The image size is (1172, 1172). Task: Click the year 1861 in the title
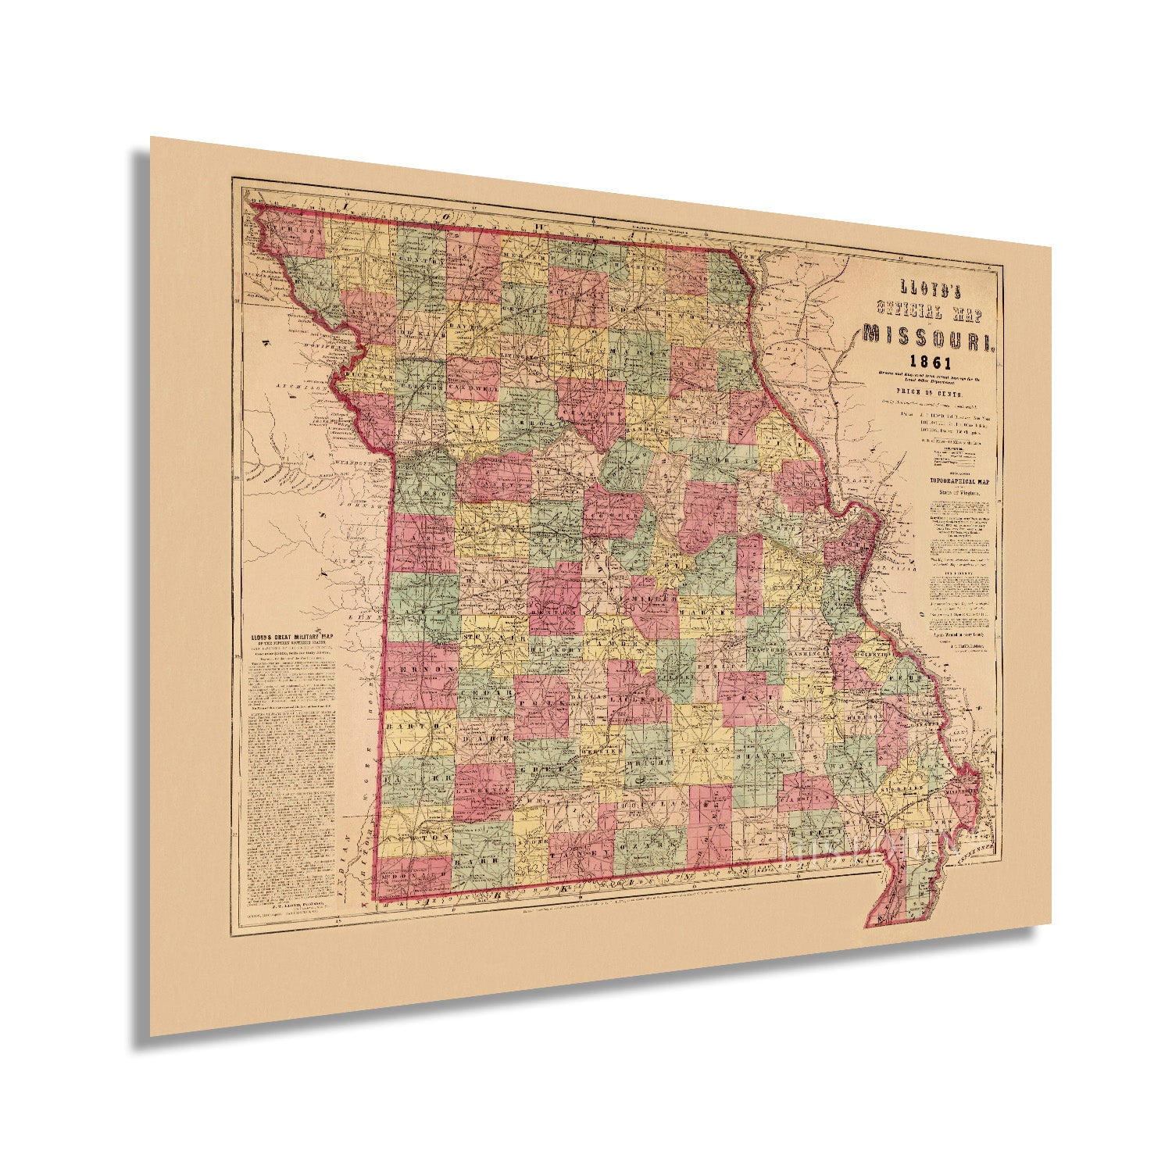[x=929, y=363]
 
